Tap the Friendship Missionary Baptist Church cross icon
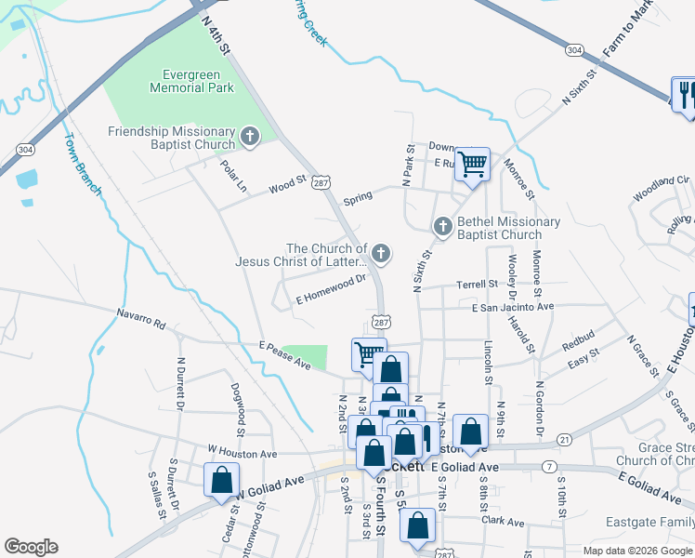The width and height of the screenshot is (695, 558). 249,138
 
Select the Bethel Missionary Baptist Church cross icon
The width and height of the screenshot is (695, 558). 443,226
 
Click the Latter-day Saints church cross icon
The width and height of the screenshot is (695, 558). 380,253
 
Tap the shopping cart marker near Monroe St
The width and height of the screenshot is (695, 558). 473,165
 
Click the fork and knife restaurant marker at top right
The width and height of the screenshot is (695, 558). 686,94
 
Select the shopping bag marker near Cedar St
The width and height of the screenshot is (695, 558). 222,480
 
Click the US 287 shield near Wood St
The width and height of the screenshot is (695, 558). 321,184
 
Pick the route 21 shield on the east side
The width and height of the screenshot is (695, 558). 564,439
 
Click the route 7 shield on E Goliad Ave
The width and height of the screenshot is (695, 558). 551,465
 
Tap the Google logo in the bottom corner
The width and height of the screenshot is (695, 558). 31,546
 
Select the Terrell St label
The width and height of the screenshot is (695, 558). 477,285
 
